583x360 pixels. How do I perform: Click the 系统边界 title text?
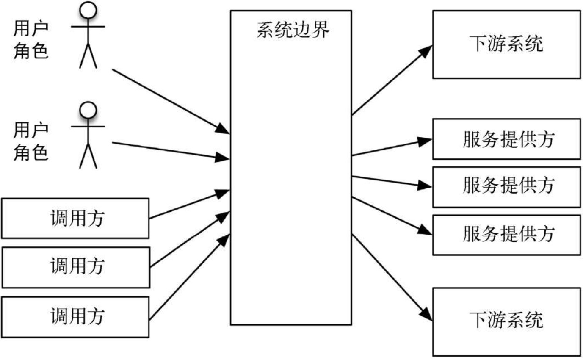coord(293,30)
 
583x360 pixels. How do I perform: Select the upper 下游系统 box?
coord(506,44)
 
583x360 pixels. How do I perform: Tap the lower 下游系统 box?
coord(506,321)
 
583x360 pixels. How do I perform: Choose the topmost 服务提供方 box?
coord(506,139)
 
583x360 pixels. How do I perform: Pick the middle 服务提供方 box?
coord(506,187)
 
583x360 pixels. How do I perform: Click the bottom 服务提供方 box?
coord(506,235)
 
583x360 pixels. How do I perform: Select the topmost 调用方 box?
coord(75,218)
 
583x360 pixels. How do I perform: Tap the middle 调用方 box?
coord(75,267)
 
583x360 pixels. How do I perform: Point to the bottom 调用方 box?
coord(75,317)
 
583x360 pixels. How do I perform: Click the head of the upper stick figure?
coord(88,10)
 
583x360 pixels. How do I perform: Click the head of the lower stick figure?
coord(88,110)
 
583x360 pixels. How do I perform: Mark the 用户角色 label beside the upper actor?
coord(30,41)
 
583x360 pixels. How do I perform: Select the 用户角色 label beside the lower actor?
coord(30,141)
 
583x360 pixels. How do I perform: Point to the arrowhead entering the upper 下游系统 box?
coord(426,50)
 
